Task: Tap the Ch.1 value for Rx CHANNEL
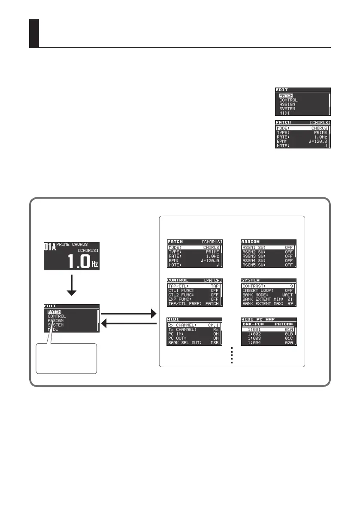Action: (213, 325)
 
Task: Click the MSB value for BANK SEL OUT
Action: (214, 342)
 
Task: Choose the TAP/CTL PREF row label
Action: (185, 304)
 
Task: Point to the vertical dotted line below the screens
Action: (231, 355)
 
